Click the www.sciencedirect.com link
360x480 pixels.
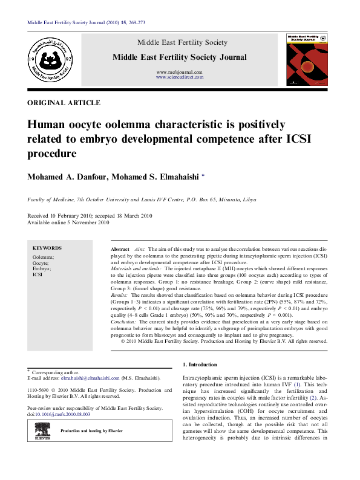tap(180, 77)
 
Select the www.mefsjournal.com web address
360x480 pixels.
tap(180, 72)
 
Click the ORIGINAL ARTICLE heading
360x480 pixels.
tap(64, 103)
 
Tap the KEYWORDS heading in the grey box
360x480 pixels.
tap(47, 248)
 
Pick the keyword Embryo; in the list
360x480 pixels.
tap(42, 268)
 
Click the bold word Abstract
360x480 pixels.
tap(120, 250)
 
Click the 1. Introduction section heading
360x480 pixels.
tap(199, 365)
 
